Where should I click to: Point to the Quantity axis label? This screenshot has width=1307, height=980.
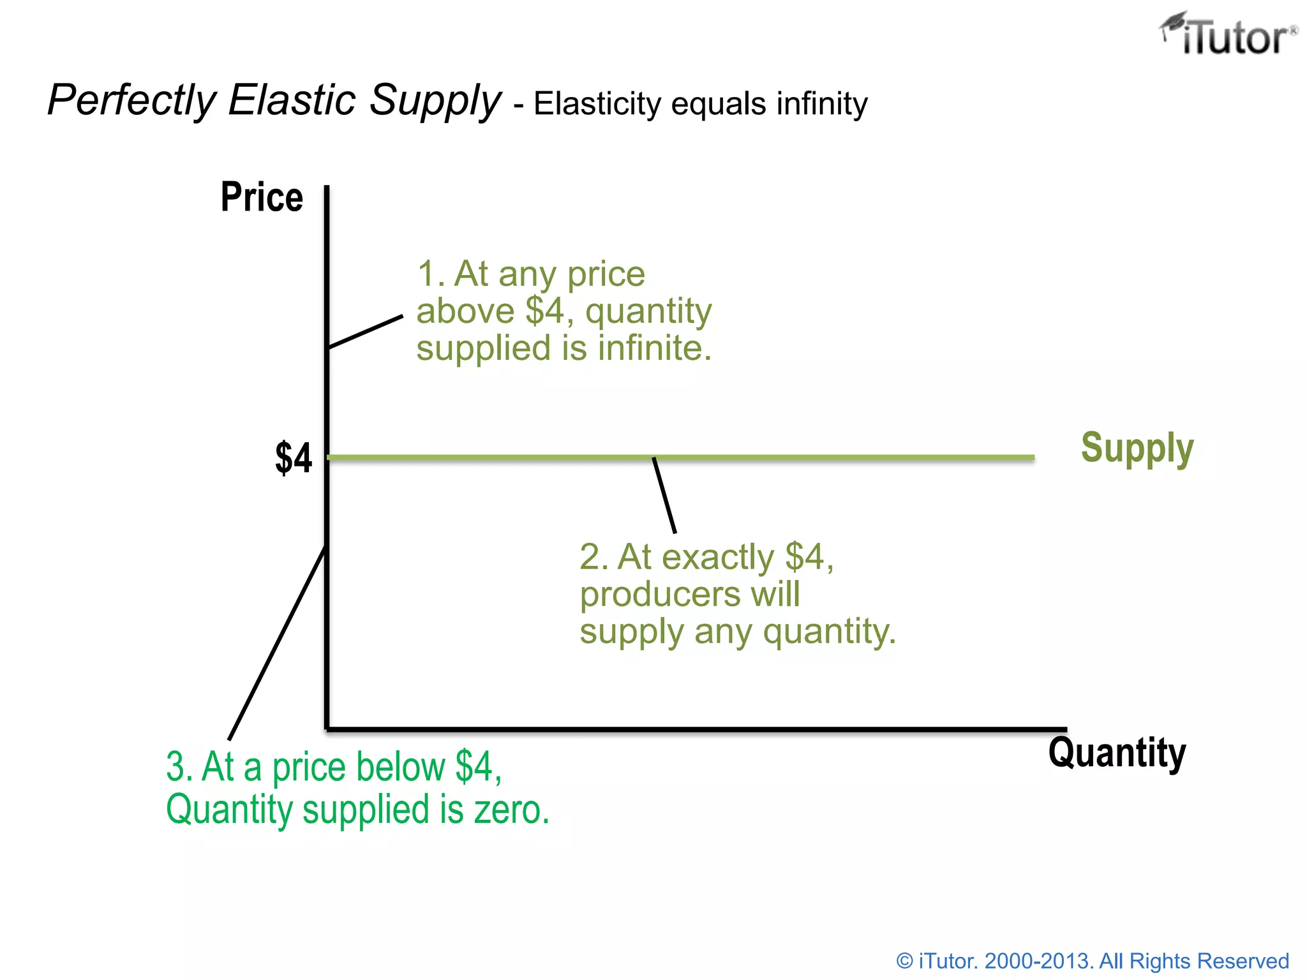(x=1117, y=753)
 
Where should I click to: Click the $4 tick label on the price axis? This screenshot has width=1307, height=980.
(x=294, y=458)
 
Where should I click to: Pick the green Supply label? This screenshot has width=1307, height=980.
(x=1137, y=448)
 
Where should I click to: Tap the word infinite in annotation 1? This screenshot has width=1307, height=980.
(x=654, y=348)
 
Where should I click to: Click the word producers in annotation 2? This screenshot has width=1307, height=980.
(x=659, y=595)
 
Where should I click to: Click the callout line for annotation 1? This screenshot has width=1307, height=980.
(x=366, y=331)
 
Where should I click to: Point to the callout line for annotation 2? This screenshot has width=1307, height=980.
(x=664, y=495)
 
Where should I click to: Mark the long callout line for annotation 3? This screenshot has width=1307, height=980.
(x=278, y=642)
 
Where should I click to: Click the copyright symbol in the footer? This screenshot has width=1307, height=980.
(x=904, y=961)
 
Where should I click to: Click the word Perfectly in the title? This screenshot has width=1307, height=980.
(x=132, y=100)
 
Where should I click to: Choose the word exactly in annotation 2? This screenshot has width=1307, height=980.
(x=718, y=557)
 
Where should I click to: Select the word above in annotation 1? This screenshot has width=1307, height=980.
(x=465, y=311)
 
